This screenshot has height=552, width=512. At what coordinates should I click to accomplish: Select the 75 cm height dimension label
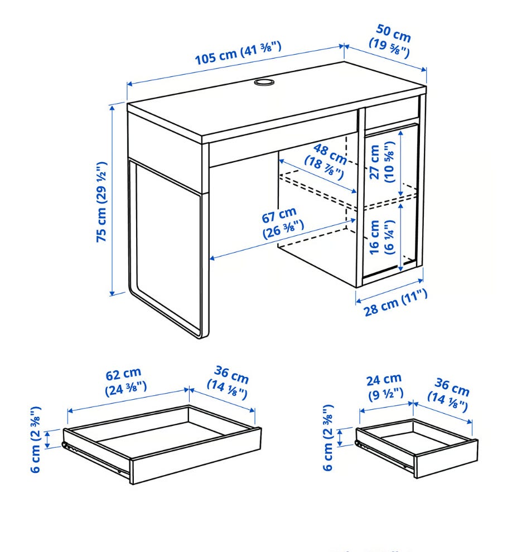pos(102,202)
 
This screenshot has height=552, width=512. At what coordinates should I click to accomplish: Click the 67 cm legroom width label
pos(282,223)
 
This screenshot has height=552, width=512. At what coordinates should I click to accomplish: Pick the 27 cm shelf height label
pos(381,162)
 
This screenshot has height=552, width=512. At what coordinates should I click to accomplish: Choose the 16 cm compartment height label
pos(381,237)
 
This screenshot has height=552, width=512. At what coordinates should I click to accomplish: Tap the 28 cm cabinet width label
pos(395,302)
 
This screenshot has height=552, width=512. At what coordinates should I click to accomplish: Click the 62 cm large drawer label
pos(125,382)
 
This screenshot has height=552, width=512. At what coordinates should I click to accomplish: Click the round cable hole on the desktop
pos(264,82)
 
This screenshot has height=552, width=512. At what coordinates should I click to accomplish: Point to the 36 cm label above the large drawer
pos(228,383)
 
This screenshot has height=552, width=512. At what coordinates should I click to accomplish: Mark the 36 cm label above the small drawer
pos(449,394)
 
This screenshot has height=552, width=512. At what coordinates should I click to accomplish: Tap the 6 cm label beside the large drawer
pos(36,439)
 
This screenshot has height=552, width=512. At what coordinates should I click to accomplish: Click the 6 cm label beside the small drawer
pos(328,438)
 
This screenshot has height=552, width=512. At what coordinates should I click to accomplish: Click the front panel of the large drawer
pos(196,456)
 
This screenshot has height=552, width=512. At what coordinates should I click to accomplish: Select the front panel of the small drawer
pos(446,459)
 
